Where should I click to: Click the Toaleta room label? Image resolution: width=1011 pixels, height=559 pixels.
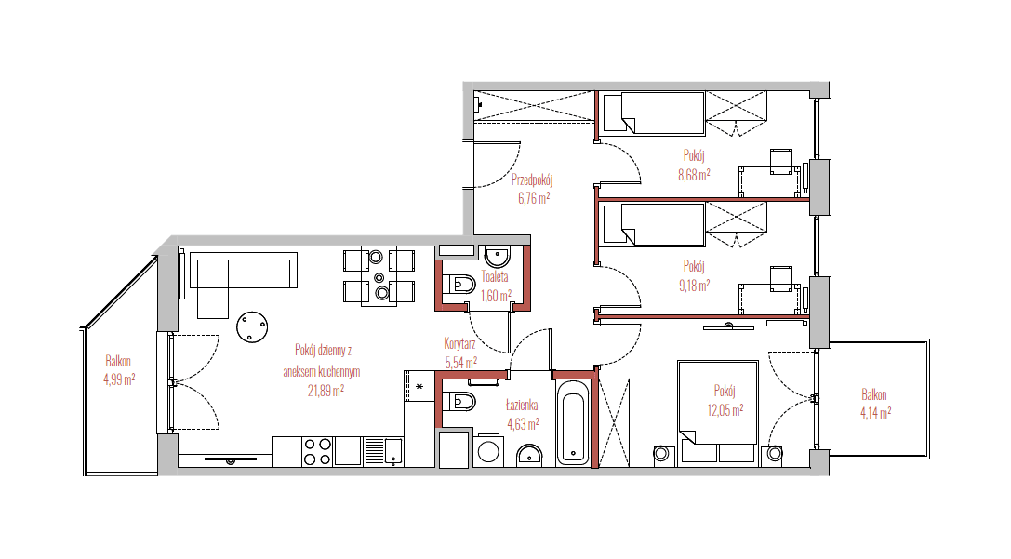click(495, 277)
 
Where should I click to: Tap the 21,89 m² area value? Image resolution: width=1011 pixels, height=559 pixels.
click(326, 390)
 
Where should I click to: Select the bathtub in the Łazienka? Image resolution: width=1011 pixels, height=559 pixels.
click(573, 422)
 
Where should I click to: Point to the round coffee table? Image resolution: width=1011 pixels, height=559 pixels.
click(252, 326)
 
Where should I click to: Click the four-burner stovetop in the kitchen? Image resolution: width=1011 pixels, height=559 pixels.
click(317, 451)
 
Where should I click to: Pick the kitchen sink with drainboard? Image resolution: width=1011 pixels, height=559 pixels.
click(383, 451)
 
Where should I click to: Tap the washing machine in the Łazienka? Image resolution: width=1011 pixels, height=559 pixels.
click(488, 451)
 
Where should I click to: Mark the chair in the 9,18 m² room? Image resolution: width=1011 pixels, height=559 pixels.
click(781, 279)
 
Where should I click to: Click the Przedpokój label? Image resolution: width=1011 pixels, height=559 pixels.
click(532, 180)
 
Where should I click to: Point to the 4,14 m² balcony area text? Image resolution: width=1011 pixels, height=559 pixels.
click(875, 413)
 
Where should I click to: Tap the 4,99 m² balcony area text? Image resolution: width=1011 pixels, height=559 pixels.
click(119, 379)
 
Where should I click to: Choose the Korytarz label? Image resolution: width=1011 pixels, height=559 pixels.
click(459, 343)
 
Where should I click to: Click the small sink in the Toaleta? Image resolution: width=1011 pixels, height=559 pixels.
click(497, 257)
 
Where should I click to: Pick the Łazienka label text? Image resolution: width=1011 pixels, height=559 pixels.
click(522, 406)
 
